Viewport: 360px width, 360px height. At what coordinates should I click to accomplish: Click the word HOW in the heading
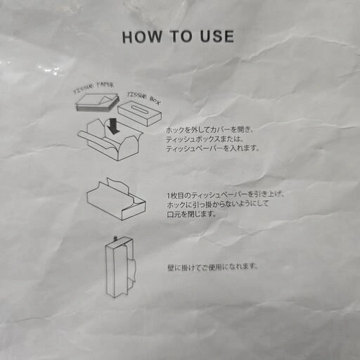pos(142,37)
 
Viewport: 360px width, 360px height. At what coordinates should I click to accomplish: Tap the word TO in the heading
pos(181,37)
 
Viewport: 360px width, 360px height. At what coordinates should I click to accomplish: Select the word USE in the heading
pos(217,36)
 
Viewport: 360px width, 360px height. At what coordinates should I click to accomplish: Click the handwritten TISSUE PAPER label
pos(94,87)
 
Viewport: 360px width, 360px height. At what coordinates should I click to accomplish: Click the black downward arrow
pos(113,126)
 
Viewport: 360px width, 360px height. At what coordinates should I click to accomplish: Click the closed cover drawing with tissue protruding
pos(116,199)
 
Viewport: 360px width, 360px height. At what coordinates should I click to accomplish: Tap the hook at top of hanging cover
pos(115,238)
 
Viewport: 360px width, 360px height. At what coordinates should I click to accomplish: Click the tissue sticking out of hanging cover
pos(131,269)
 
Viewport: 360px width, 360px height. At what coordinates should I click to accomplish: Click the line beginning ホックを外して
pos(210,129)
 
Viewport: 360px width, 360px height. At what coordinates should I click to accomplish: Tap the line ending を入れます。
pos(212,148)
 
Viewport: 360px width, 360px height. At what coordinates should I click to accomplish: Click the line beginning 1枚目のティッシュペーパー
pos(226,195)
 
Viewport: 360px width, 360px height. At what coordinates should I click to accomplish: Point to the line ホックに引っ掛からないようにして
pos(218,205)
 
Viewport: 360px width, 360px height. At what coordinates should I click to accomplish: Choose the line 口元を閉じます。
pos(191,214)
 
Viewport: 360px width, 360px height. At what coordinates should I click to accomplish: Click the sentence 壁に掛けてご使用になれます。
pos(212,267)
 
